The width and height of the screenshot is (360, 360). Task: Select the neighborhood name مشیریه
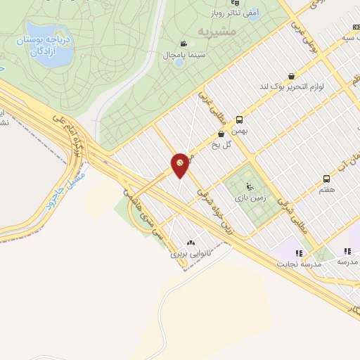[x=214, y=32]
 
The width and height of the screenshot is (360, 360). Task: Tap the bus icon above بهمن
[x=240, y=120]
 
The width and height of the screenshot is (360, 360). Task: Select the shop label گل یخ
[x=221, y=144]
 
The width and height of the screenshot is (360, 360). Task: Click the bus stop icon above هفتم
[x=326, y=179]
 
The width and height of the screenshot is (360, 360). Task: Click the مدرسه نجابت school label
[x=301, y=264]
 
